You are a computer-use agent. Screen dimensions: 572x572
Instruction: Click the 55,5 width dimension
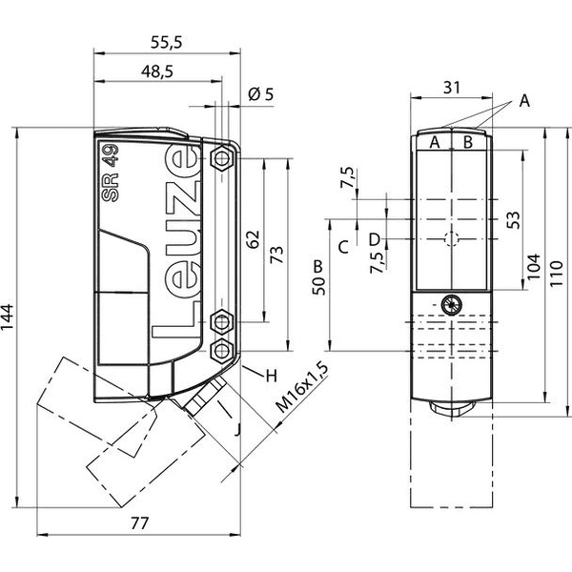click(166, 43)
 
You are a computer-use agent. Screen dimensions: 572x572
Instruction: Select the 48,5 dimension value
click(157, 71)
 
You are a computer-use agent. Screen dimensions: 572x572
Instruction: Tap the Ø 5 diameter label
click(260, 94)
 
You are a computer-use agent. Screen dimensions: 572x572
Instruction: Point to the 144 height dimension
click(8, 317)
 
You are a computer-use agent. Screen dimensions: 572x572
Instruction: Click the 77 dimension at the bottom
click(140, 523)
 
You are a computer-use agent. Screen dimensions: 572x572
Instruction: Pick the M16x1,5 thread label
click(302, 387)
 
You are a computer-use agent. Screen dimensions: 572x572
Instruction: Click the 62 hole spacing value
click(253, 239)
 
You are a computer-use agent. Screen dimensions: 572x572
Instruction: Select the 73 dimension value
click(276, 255)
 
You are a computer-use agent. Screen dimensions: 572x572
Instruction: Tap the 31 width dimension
click(452, 88)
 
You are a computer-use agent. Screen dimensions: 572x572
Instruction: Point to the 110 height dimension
click(557, 274)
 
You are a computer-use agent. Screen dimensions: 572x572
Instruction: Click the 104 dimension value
click(533, 266)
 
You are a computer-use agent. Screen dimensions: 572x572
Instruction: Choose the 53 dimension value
click(513, 220)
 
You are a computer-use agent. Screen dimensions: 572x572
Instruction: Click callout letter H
click(272, 376)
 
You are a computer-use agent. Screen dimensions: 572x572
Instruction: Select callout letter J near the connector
click(237, 429)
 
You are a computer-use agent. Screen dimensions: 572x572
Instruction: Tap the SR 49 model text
click(111, 173)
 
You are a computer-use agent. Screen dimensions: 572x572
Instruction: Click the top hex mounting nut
click(222, 158)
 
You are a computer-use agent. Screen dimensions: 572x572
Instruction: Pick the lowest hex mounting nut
click(222, 351)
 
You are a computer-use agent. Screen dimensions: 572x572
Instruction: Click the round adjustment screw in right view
click(452, 305)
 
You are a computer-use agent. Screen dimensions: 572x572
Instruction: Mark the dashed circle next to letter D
click(452, 239)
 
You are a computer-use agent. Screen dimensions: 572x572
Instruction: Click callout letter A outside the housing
click(524, 101)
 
